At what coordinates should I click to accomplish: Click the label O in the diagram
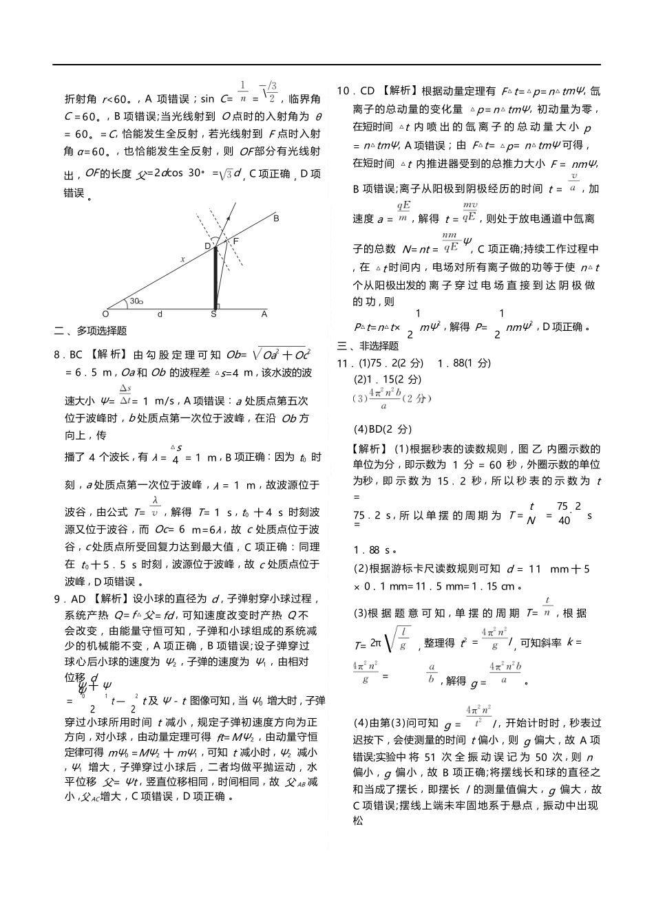coord(105,314)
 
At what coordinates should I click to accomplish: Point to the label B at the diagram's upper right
coord(276,219)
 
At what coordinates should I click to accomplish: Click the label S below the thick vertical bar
coord(213,314)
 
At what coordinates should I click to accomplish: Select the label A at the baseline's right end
coord(264,314)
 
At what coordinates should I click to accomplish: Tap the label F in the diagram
coord(235,241)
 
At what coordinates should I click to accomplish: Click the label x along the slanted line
coord(182,259)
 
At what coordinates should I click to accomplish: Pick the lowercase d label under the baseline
coord(160,314)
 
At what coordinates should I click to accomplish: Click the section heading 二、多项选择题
coord(90,331)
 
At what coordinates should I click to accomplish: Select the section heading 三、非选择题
coord(368,345)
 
